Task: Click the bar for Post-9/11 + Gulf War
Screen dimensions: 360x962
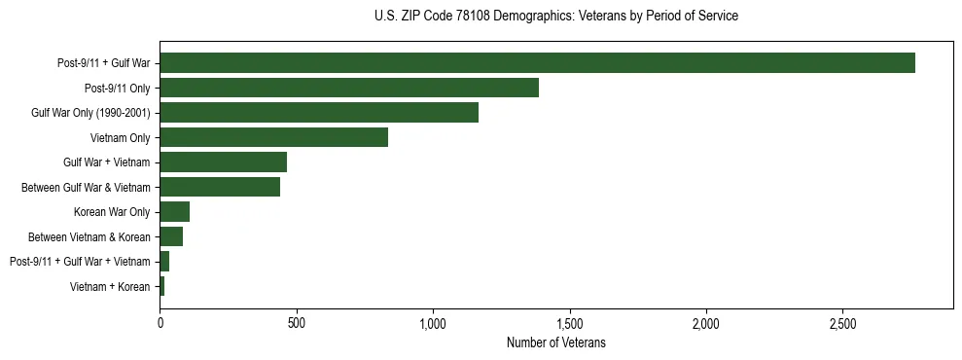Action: click(x=537, y=63)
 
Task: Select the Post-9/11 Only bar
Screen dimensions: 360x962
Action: click(x=349, y=88)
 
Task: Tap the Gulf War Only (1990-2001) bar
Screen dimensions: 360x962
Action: click(x=319, y=113)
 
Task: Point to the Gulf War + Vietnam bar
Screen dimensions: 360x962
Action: click(x=223, y=162)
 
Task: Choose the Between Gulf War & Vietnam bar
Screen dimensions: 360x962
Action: click(x=220, y=187)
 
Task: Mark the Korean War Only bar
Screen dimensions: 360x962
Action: click(x=175, y=212)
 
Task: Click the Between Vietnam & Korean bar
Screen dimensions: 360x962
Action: click(x=171, y=236)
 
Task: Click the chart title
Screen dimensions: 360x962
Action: click(x=555, y=17)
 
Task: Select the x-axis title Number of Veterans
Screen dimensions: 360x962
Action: click(x=555, y=342)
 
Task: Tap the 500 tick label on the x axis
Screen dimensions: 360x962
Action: click(x=297, y=323)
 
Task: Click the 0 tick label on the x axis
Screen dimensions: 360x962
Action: click(x=160, y=323)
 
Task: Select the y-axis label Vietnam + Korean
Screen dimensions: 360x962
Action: click(x=110, y=286)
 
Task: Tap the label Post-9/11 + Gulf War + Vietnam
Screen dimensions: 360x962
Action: click(x=80, y=262)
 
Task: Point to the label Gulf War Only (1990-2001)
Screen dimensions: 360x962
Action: click(x=90, y=113)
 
